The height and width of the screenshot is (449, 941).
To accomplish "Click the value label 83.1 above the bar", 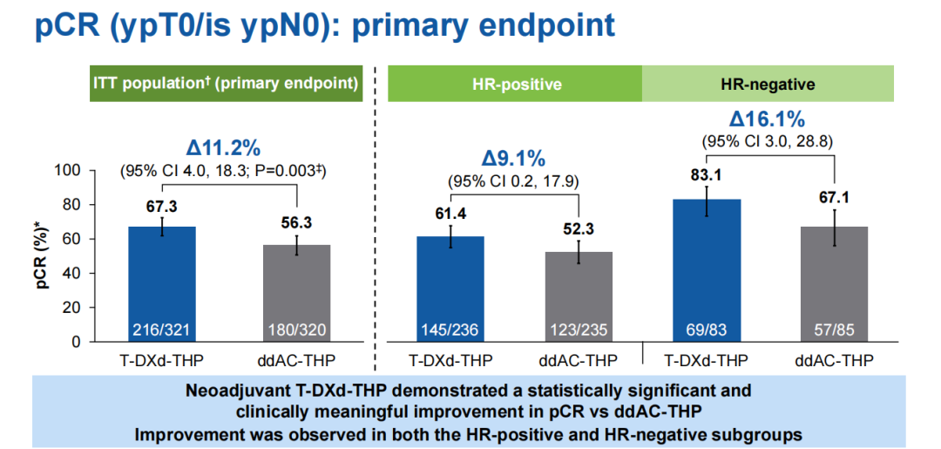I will (x=707, y=174).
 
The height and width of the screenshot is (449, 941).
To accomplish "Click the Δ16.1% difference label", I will (x=768, y=119).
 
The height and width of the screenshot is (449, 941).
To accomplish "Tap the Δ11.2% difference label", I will (x=224, y=146).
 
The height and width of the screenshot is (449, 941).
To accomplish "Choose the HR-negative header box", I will (x=768, y=85).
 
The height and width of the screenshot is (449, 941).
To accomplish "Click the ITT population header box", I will (x=227, y=84).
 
